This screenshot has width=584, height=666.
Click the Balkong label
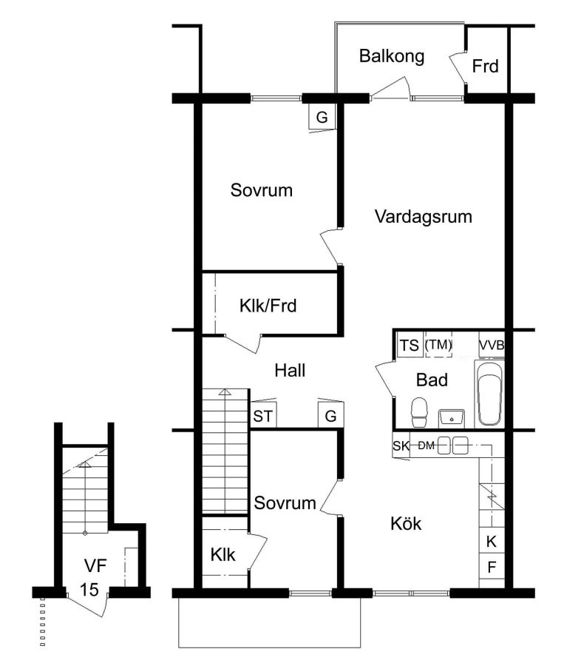(x=391, y=56)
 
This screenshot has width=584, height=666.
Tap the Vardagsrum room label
(x=423, y=217)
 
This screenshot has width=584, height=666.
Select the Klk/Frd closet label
(x=268, y=306)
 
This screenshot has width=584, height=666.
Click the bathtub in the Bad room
(x=490, y=394)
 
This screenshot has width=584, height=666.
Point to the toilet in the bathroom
(x=419, y=412)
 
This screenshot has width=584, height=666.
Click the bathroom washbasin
(x=452, y=418)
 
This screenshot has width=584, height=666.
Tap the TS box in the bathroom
(x=410, y=346)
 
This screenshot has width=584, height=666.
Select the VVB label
(x=492, y=346)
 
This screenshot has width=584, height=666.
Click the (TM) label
(x=438, y=344)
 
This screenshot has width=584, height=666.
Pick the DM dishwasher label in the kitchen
(x=426, y=445)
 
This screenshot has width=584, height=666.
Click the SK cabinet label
(x=401, y=445)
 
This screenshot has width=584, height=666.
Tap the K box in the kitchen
(x=492, y=541)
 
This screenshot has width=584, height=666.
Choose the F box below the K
(x=492, y=567)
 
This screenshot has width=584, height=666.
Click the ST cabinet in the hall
(x=263, y=415)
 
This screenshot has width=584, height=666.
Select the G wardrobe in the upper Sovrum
(x=322, y=116)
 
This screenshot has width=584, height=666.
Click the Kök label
(x=406, y=524)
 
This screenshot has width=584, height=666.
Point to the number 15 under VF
(x=89, y=590)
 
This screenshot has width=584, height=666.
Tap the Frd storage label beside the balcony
(x=485, y=67)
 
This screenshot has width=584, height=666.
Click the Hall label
(x=290, y=371)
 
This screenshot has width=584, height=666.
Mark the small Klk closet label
(x=223, y=555)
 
